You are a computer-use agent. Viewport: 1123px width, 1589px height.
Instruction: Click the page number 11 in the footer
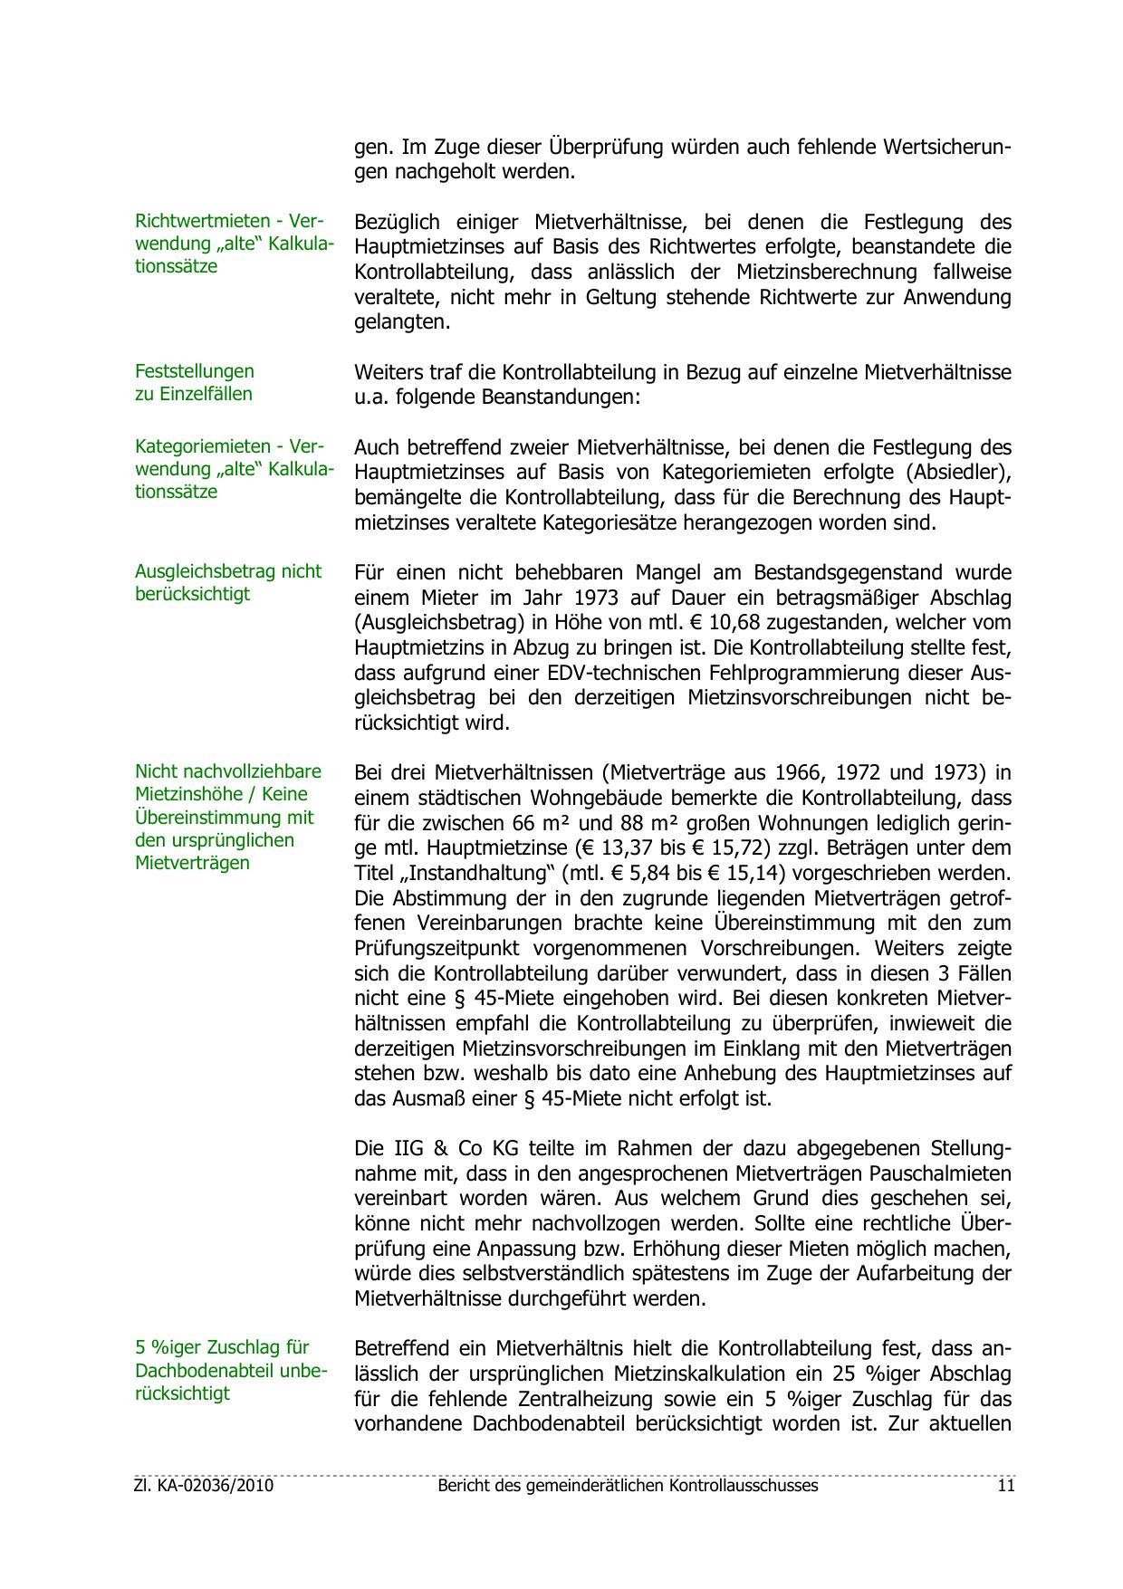(1006, 1486)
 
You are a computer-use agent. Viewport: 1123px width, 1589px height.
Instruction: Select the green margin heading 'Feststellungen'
(194, 371)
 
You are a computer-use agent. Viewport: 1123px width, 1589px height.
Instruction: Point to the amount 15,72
(744, 848)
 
